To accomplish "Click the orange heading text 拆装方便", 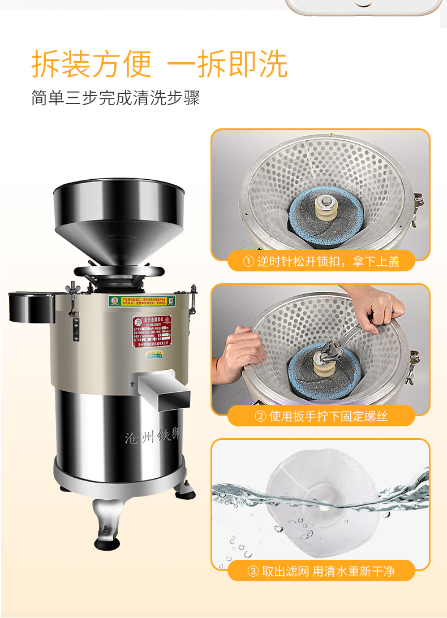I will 92,64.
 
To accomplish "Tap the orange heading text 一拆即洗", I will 227,64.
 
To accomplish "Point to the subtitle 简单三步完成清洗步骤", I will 115,98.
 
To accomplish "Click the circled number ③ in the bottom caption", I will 253,572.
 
